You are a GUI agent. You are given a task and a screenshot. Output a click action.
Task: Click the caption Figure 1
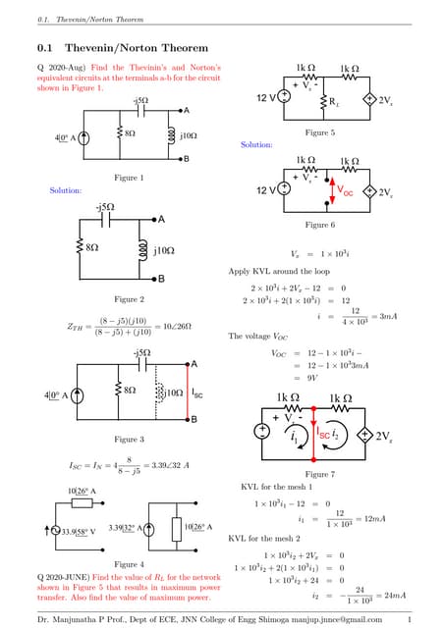pos(129,177)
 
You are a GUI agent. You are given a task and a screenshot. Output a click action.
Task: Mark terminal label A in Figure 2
pos(161,219)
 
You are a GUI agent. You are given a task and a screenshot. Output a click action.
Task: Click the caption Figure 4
pos(129,564)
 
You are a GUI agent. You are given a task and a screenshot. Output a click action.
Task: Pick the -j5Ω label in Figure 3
pos(140,351)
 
